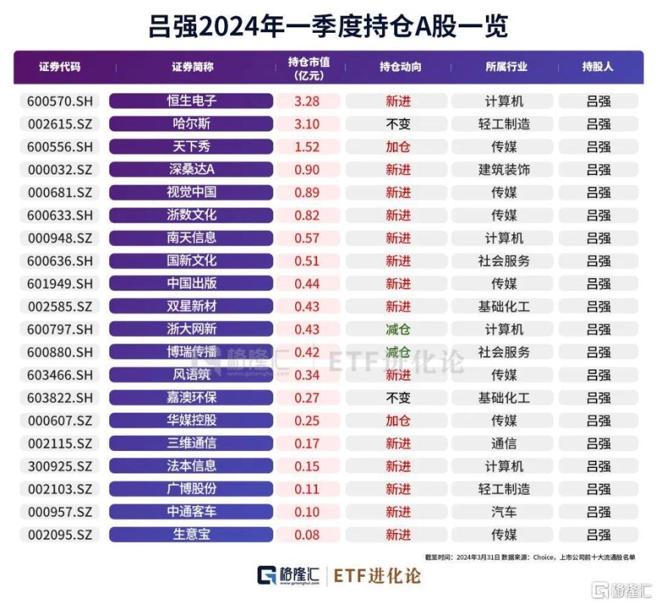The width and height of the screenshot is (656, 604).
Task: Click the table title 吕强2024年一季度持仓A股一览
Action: [x=328, y=27]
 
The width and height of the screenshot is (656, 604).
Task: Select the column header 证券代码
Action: [x=59, y=68]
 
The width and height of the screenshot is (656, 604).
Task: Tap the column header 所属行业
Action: [x=506, y=68]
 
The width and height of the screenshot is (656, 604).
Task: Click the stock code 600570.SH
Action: [x=59, y=101]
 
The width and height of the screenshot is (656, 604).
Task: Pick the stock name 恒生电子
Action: [x=191, y=101]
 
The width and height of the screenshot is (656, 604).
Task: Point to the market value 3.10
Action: [x=307, y=124]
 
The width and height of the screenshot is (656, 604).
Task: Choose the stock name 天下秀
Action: [x=191, y=147]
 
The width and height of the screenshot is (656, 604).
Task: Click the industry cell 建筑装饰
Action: [x=504, y=169]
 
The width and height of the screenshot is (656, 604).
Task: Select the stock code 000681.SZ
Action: [x=59, y=193]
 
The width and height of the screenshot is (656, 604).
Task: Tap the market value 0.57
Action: [x=307, y=238]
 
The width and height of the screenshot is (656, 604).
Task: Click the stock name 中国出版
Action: [x=191, y=284]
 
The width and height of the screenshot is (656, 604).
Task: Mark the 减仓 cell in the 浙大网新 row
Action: [x=398, y=329]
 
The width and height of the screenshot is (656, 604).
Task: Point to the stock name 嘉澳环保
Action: [x=191, y=398]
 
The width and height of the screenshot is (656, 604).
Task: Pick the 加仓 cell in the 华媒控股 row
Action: [x=398, y=420]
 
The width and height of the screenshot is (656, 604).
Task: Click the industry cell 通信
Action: [x=504, y=443]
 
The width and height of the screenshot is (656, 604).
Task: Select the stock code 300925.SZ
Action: [x=59, y=466]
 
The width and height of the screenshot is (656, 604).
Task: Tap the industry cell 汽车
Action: [x=504, y=512]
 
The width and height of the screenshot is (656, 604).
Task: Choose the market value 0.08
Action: [x=307, y=534]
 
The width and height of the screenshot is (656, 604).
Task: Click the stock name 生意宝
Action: [x=191, y=534]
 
